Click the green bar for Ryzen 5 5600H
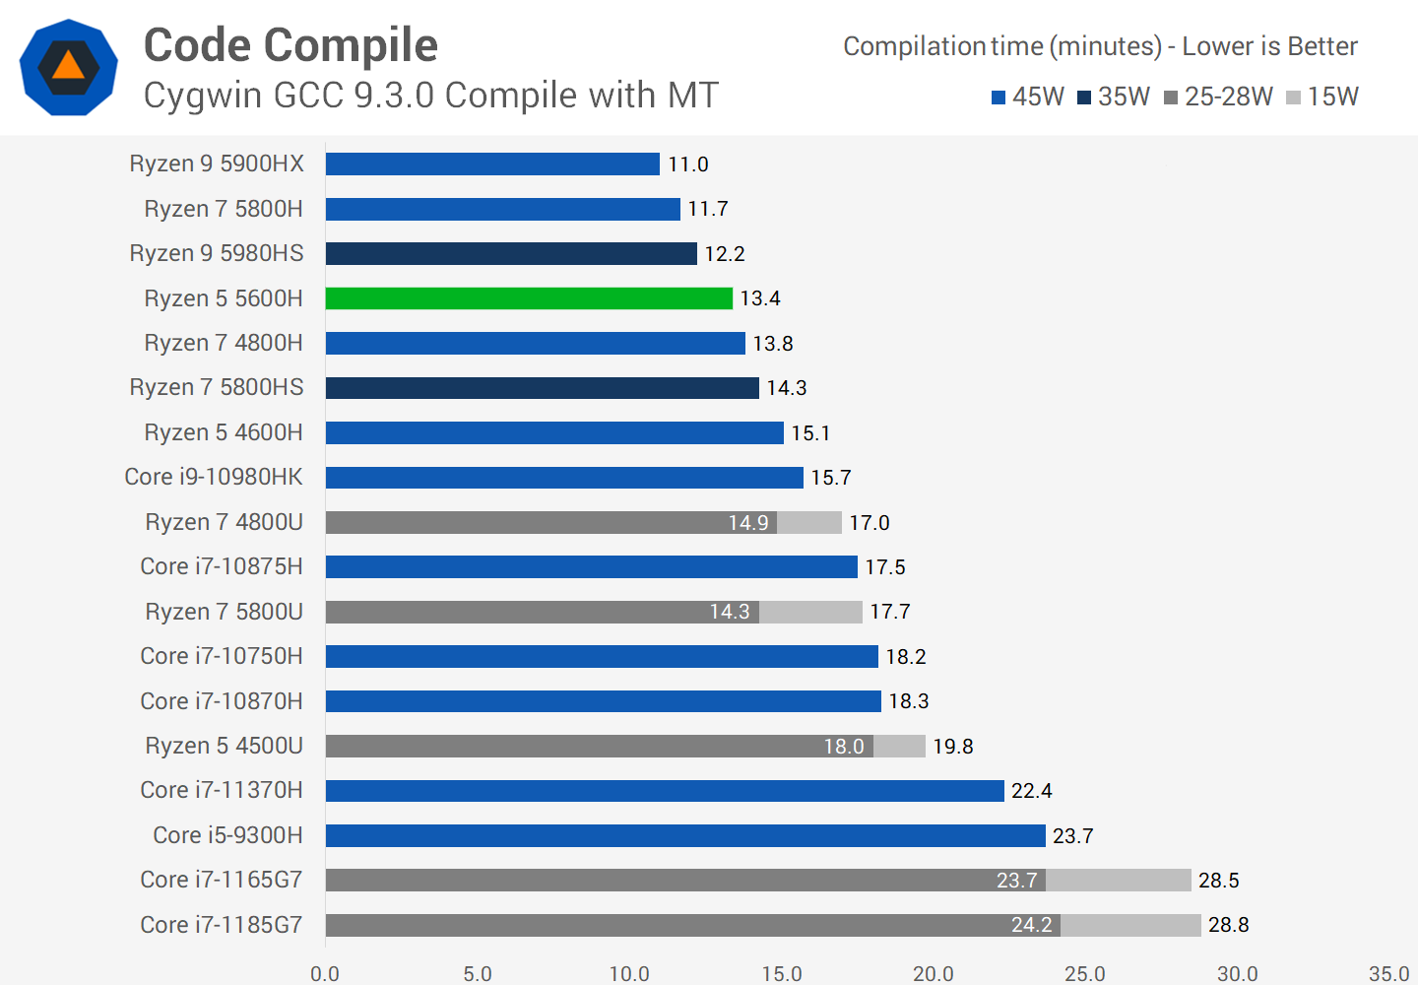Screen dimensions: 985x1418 (x=529, y=298)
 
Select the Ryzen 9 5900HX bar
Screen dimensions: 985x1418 (x=492, y=164)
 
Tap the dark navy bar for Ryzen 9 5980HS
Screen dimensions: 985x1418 (x=511, y=254)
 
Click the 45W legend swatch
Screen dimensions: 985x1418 (x=999, y=98)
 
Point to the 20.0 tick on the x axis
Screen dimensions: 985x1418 (x=933, y=973)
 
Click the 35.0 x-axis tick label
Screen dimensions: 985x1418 (x=1388, y=973)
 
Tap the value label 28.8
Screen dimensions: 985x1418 (x=1228, y=925)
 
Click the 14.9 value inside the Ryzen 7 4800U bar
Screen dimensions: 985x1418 (x=748, y=523)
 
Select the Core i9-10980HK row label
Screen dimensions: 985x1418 (x=214, y=477)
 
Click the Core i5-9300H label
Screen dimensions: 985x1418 (x=227, y=835)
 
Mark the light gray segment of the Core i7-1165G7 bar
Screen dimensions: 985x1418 (x=1119, y=881)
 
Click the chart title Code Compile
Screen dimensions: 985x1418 (x=290, y=45)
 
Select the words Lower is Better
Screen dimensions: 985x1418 (x=1269, y=46)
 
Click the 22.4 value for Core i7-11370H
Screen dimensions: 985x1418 (x=1031, y=791)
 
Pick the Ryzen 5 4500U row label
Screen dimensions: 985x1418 (x=224, y=746)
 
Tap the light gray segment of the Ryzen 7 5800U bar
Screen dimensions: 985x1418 (x=810, y=612)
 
